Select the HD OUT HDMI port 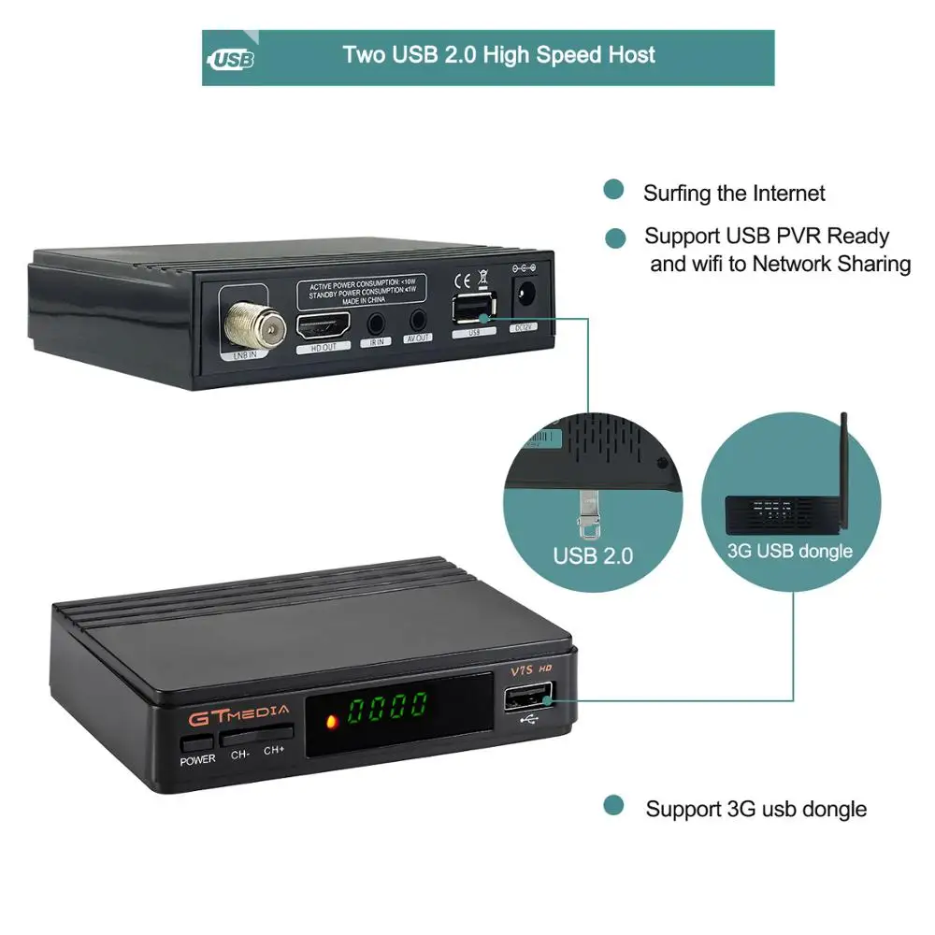pos(324,326)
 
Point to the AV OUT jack pos(418,323)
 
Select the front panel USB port pos(529,697)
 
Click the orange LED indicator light pos(330,722)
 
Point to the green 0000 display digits pos(388,708)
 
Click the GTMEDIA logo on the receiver pos(239,715)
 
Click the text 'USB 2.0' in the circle pos(593,555)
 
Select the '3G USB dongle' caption pos(790,551)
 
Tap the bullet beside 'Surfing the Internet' pos(613,190)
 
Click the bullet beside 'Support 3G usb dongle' pos(613,805)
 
